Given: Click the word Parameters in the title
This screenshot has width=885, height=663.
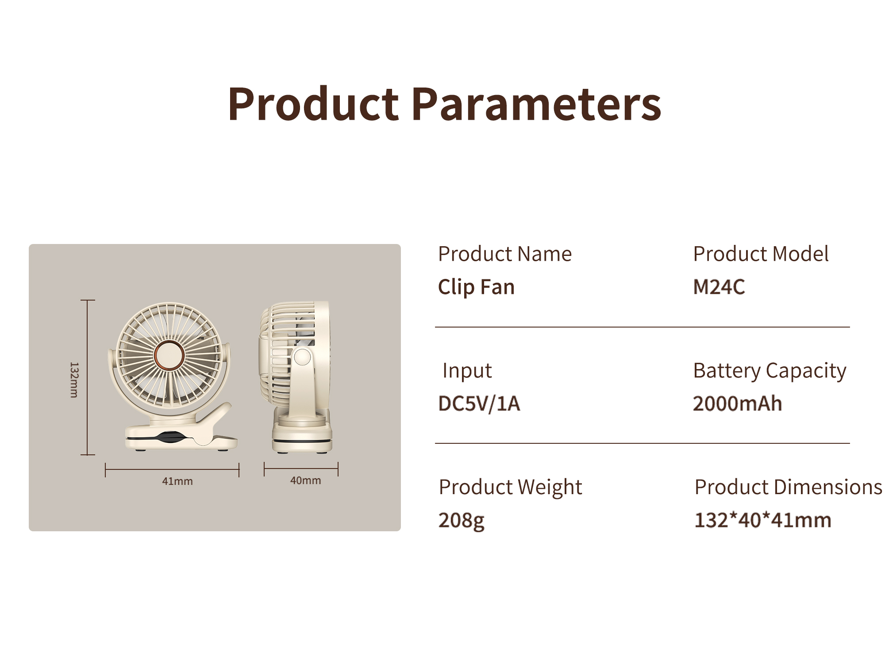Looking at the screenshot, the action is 536,104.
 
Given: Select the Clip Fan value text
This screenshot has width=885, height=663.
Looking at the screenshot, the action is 476,287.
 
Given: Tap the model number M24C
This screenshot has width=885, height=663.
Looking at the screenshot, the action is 719,287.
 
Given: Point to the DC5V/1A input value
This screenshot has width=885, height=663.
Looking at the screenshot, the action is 479,404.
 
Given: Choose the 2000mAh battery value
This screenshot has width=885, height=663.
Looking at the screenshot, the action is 737,404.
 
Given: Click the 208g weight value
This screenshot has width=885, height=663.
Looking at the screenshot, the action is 461,521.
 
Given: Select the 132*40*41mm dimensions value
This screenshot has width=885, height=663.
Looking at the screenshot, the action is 763,520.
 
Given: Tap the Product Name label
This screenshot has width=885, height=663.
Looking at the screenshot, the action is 505,254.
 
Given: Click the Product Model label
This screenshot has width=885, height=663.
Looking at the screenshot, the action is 761,254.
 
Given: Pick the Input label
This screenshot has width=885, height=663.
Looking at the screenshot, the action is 467,371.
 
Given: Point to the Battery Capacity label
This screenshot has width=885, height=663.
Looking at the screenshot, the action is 770,371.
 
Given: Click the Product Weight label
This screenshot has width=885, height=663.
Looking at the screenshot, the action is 510,488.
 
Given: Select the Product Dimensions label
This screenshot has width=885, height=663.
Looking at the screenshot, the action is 788,487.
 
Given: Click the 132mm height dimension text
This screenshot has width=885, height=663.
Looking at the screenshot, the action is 74,380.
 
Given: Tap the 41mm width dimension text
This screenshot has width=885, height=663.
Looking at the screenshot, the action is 177,481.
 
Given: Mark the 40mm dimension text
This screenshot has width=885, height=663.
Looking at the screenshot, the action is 305,480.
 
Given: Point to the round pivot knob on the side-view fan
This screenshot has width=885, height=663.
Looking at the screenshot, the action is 303,356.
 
